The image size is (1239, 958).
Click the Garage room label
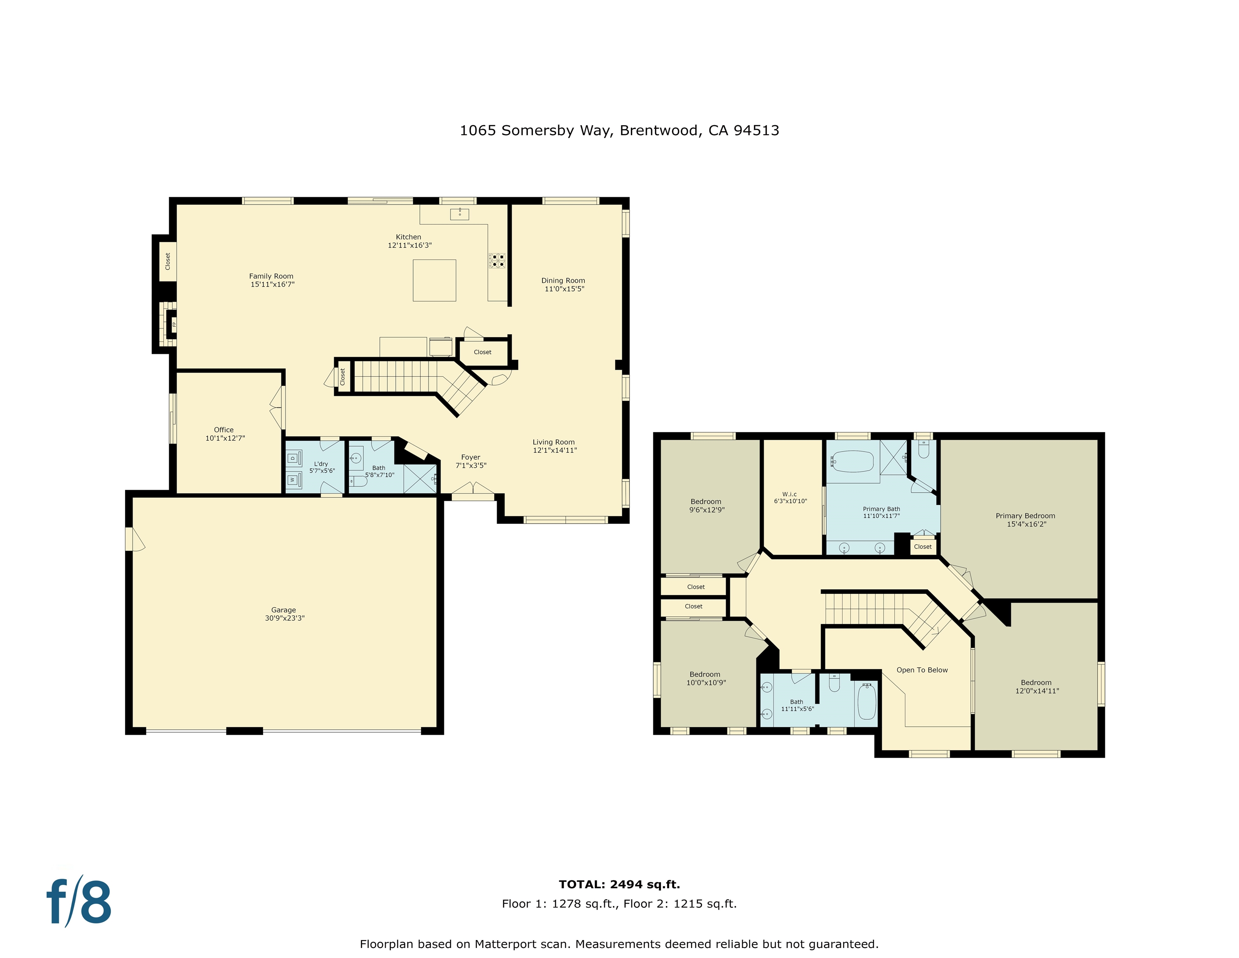pyautogui.click(x=283, y=610)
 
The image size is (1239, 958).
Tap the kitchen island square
pyautogui.click(x=434, y=280)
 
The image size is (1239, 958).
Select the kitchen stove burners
pyautogui.click(x=498, y=261)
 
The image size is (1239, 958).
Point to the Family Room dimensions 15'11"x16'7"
pyautogui.click(x=272, y=284)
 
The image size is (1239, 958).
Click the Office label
pyautogui.click(x=224, y=430)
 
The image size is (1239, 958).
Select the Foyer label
pyautogui.click(x=470, y=457)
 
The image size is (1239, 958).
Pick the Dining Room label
pyautogui.click(x=563, y=280)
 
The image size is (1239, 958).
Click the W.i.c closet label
pyautogui.click(x=789, y=494)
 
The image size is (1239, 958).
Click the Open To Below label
pyautogui.click(x=922, y=670)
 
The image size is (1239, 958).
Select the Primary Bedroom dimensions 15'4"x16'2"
pyautogui.click(x=1026, y=524)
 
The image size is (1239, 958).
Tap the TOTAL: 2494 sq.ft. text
pyautogui.click(x=619, y=884)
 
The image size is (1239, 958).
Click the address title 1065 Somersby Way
pyautogui.click(x=619, y=131)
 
